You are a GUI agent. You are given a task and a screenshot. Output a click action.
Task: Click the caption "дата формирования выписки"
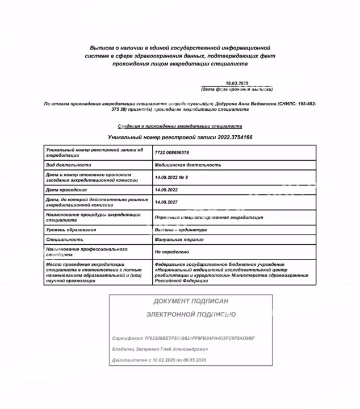pyautogui.click(x=237, y=89)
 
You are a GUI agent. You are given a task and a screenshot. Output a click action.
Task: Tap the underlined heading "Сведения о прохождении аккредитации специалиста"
pyautogui.click(x=180, y=126)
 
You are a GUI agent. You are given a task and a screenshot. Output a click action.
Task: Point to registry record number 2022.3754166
pyautogui.click(x=233, y=137)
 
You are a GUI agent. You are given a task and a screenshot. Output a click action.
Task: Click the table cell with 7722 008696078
pyautogui.click(x=172, y=152)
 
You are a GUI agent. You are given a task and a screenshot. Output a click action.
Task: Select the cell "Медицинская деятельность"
pyautogui.click(x=188, y=165)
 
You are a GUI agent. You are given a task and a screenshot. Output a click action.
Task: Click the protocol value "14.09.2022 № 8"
pyautogui.click(x=171, y=177)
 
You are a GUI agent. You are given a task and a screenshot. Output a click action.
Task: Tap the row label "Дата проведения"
pyautogui.click(x=66, y=190)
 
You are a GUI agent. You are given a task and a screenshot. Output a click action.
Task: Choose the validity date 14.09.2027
pyautogui.click(x=166, y=202)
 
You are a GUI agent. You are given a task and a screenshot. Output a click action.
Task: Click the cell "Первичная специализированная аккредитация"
pyautogui.click(x=208, y=218)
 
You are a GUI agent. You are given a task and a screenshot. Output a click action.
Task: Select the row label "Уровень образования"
pyautogui.click(x=71, y=230)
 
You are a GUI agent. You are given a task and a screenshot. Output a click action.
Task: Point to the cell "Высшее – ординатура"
pyautogui.click(x=181, y=230)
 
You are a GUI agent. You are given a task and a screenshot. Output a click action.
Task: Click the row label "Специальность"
pyautogui.click(x=61, y=240)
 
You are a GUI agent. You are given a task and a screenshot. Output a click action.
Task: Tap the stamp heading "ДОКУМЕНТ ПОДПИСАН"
pyautogui.click(x=191, y=301)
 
